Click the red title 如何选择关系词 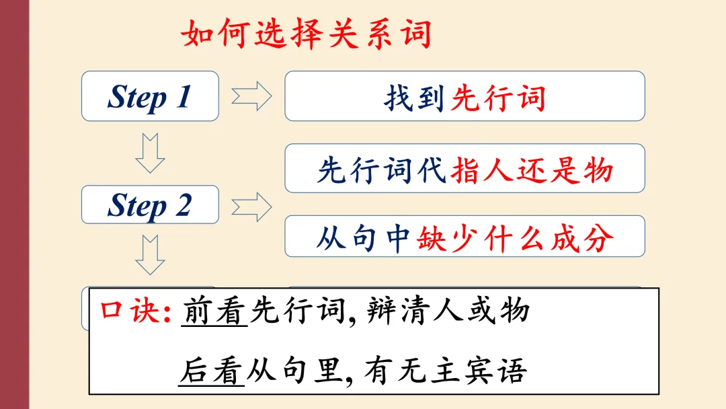pyautogui.click(x=307, y=34)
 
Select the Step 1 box pyautogui.click(x=150, y=96)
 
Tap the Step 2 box pyautogui.click(x=150, y=204)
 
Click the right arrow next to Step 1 pyautogui.click(x=251, y=97)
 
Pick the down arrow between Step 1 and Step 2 pyautogui.click(x=150, y=153)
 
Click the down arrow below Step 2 pyautogui.click(x=150, y=254)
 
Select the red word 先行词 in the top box pyautogui.click(x=498, y=98)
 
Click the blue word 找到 pyautogui.click(x=414, y=98)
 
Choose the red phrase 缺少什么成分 pyautogui.click(x=515, y=238)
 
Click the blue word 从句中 pyautogui.click(x=364, y=239)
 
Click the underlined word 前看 pyautogui.click(x=214, y=311)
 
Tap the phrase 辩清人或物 pyautogui.click(x=450, y=311)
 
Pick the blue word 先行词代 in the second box pyautogui.click(x=382, y=170)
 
